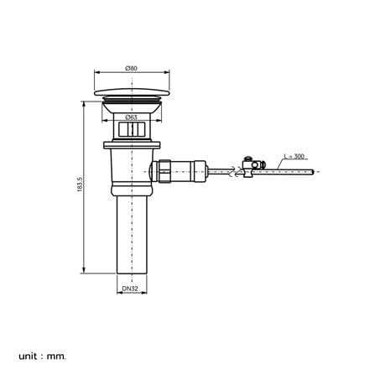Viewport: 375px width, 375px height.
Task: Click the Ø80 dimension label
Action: coord(132,68)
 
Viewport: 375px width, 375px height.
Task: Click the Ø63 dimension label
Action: coord(131,117)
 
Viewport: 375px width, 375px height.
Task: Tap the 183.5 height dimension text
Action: coord(80,184)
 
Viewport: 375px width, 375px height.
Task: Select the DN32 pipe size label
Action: coord(130,289)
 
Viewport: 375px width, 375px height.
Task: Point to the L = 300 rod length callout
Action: coord(294,156)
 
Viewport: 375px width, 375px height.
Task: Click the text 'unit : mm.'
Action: coord(43,348)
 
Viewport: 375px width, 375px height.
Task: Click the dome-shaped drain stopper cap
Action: coord(132,92)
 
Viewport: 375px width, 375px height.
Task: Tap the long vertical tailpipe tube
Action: coord(132,234)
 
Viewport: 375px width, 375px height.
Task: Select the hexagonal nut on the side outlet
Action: coord(164,171)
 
